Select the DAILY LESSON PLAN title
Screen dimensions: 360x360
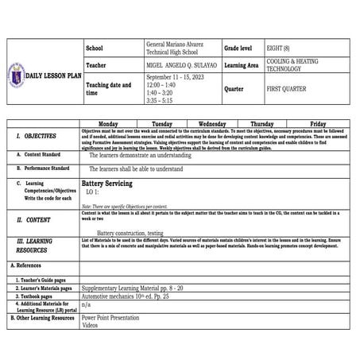pos(53,75)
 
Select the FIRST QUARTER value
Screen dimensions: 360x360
pos(285,89)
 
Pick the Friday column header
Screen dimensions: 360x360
pos(318,124)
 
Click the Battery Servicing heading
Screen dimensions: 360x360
pos(106,184)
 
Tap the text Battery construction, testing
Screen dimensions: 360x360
pos(130,233)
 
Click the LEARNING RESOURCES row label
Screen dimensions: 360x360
pos(35,245)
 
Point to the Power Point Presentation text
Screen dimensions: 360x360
pos(114,317)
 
